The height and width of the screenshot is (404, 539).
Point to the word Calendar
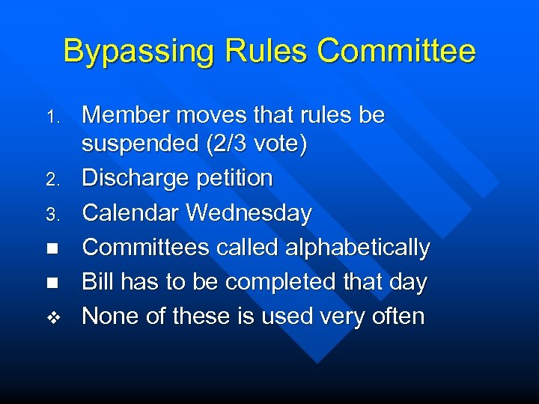[x=130, y=213]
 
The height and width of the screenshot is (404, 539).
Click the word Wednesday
[x=249, y=213]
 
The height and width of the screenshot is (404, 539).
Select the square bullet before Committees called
[x=52, y=248]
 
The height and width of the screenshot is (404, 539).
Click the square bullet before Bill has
[x=52, y=283]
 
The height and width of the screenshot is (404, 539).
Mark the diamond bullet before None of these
[x=52, y=318]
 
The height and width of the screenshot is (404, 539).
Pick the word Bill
[x=94, y=282]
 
